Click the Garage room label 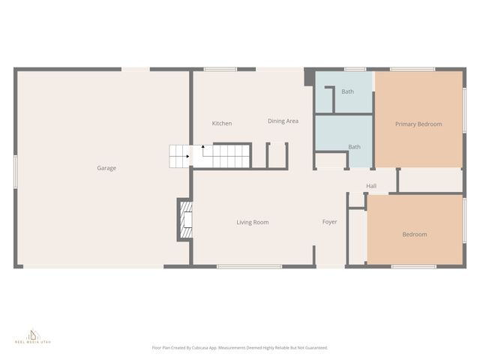point(106,168)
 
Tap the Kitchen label point(222,123)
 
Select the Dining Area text point(283,121)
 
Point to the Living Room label point(253,222)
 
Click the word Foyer point(330,222)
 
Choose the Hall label point(371,186)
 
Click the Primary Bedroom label point(418,124)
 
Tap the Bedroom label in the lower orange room point(415,234)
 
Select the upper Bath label point(348,91)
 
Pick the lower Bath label point(355,146)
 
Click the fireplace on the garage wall point(184,220)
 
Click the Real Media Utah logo point(33,336)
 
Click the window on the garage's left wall point(16,169)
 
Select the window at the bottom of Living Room point(250,266)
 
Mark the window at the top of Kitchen point(220,70)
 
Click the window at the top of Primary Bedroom point(412,70)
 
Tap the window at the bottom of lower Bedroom point(413,266)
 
